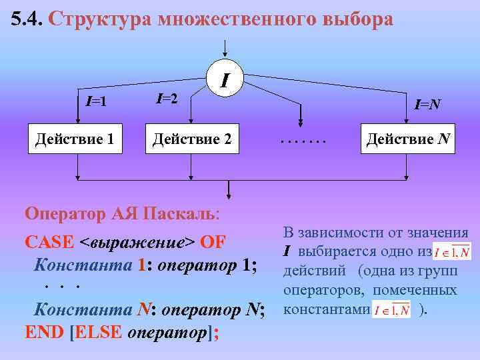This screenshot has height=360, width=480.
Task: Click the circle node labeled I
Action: [x=226, y=79]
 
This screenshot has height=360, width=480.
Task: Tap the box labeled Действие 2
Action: [x=193, y=140]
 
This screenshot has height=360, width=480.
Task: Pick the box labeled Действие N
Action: [x=407, y=140]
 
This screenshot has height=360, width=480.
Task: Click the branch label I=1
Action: [x=97, y=102]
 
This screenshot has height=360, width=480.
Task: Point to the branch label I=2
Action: [x=166, y=99]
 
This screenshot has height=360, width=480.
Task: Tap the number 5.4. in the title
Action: [x=27, y=19]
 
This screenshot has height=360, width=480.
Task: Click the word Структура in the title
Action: [x=99, y=19]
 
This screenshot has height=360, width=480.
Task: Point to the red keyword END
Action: [x=44, y=331]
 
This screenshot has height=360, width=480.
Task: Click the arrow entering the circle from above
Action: [x=226, y=49]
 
